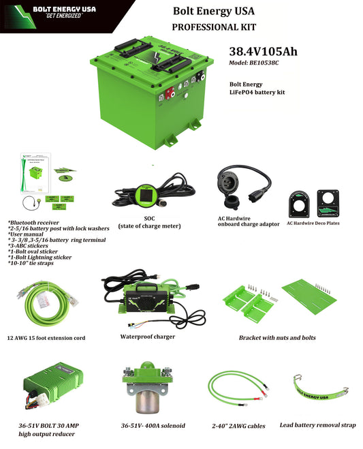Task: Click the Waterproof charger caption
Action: (x=147, y=336)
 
